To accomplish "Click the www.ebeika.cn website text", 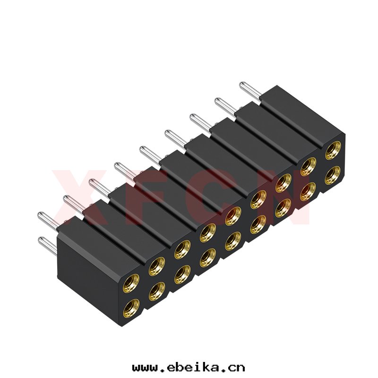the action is click(189, 368).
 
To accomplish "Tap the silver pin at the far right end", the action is click(250, 92).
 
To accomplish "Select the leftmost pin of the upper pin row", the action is click(48, 220).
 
